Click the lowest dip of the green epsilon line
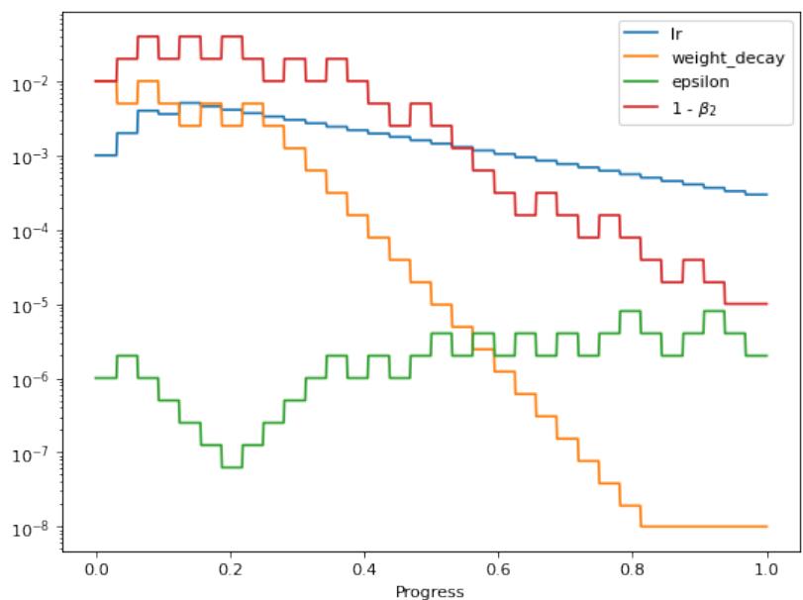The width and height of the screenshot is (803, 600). pos(232,466)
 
